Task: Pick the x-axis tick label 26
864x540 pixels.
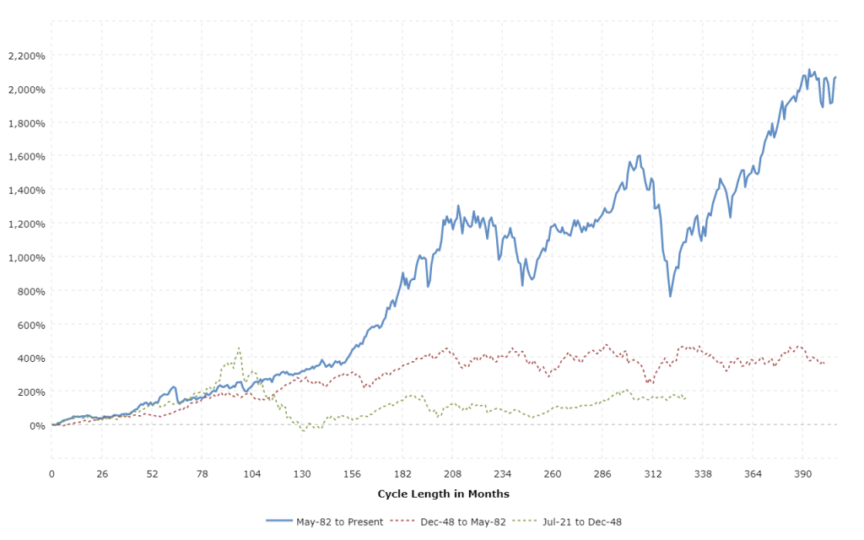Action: (x=101, y=475)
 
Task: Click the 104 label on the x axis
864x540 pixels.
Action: (x=251, y=475)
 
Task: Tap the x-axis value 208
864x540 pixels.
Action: (x=452, y=475)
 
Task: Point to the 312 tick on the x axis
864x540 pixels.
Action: (x=653, y=475)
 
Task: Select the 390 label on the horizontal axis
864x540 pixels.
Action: (x=803, y=475)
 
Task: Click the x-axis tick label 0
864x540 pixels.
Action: (x=51, y=475)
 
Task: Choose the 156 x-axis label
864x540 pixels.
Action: (x=352, y=475)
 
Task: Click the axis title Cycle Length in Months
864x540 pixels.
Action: (x=443, y=494)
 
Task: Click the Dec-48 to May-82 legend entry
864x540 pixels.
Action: (x=463, y=521)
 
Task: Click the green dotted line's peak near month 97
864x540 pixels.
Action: (x=239, y=347)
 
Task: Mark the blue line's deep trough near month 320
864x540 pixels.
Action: (x=670, y=296)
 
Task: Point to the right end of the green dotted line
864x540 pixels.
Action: (x=685, y=398)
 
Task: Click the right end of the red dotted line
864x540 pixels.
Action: (x=824, y=364)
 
